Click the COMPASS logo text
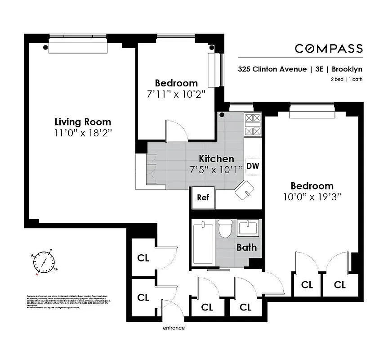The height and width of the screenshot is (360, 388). tap(329, 49)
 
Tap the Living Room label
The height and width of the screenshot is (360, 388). tap(83, 122)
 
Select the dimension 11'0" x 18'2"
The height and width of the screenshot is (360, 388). tap(83, 133)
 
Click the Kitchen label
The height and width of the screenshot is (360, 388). tap(217, 158)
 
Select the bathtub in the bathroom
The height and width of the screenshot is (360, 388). tap(203, 243)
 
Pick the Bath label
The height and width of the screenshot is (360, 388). tap(246, 247)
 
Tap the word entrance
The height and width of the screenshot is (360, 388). tap(174, 328)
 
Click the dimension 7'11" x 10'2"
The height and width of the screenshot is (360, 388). tap(176, 94)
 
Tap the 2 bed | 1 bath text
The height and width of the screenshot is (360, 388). tap(345, 80)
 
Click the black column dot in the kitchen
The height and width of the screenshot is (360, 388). tap(222, 115)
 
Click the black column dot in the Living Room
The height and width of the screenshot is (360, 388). tap(45, 46)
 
